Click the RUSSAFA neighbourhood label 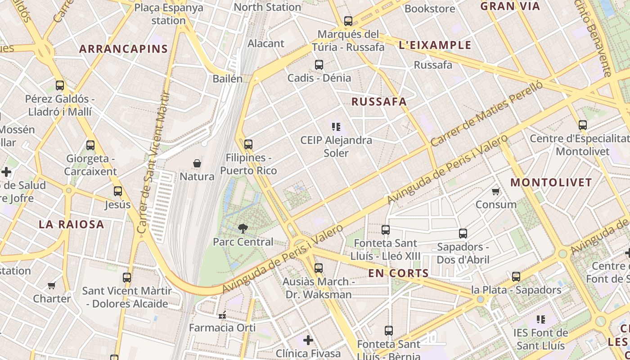[x=379, y=102]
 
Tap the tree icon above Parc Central [x=243, y=228]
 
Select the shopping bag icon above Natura [x=197, y=163]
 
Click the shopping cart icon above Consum [x=496, y=192]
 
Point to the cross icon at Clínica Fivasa [x=308, y=340]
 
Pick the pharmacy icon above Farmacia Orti [x=222, y=315]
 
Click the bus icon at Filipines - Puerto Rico [x=248, y=144]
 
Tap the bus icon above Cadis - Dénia [x=319, y=65]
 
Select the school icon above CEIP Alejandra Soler [x=336, y=127]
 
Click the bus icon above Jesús [x=118, y=191]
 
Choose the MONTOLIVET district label [x=551, y=183]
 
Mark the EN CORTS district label [x=398, y=273]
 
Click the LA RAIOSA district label [x=71, y=224]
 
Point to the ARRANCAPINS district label [x=123, y=49]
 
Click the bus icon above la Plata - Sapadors [x=516, y=276]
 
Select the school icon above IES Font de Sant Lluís [x=541, y=319]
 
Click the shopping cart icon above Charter [x=52, y=285]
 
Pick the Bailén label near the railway [x=227, y=79]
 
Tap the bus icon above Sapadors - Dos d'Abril [x=463, y=234]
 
